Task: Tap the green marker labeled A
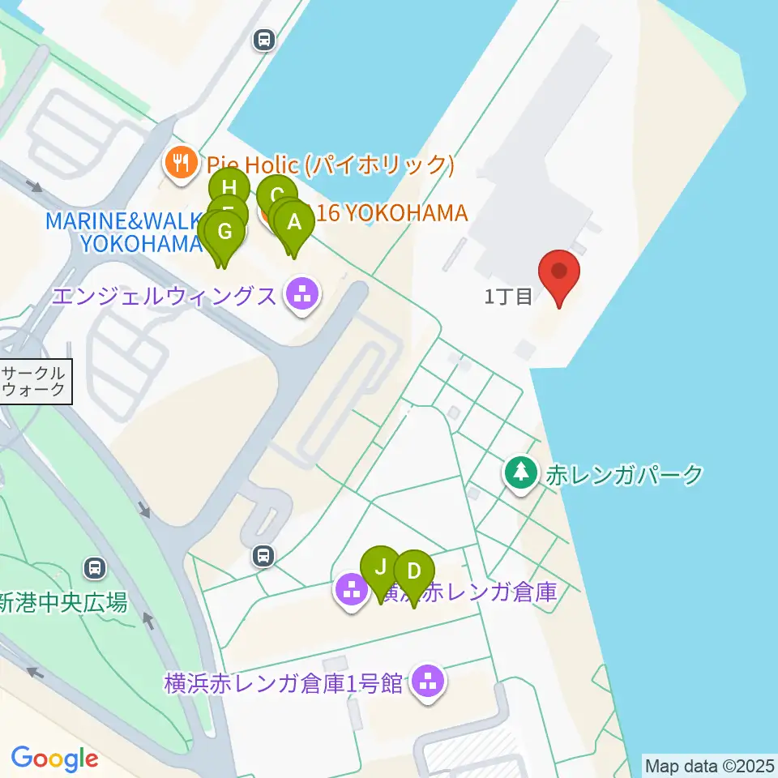tap(294, 221)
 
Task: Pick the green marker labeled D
tap(413, 571)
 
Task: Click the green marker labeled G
tap(226, 232)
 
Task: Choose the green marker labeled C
tap(276, 194)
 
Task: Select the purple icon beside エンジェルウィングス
tap(303, 294)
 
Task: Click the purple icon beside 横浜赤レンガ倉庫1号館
tap(427, 682)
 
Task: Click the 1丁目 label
tap(508, 297)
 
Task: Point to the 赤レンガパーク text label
tap(624, 475)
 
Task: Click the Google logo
tap(54, 759)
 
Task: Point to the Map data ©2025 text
tap(709, 765)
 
